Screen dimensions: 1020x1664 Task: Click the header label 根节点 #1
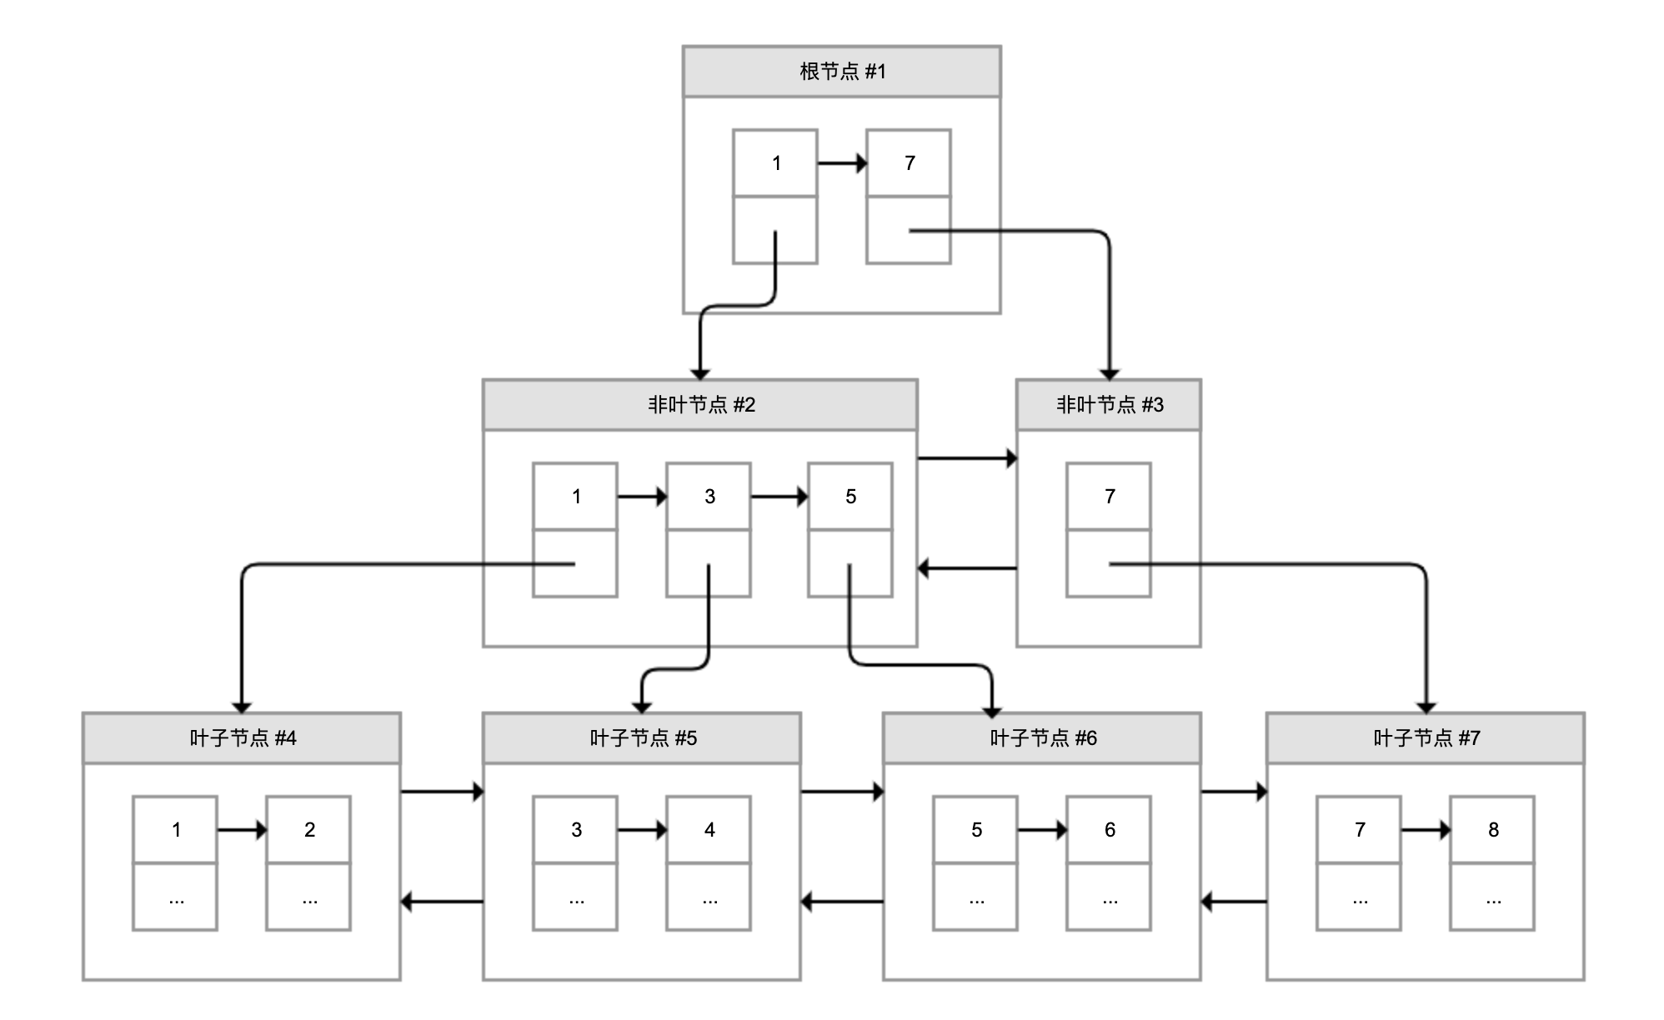[x=841, y=72]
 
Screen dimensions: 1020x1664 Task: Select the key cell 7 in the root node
[x=908, y=163]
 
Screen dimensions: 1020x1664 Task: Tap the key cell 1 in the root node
[x=774, y=163]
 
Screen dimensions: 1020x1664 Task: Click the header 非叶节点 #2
[x=700, y=405]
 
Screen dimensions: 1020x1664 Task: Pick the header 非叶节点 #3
[x=1108, y=405]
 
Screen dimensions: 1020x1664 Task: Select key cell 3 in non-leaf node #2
[x=708, y=497]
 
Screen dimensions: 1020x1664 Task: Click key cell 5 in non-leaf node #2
[x=850, y=497]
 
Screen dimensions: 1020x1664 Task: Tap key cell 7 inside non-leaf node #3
[x=1108, y=497]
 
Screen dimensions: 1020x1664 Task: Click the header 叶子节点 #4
[x=242, y=738]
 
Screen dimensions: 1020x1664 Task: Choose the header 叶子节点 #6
[x=1042, y=738]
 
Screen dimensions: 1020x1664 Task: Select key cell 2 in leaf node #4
[x=308, y=830]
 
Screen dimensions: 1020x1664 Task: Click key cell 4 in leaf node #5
[x=709, y=830]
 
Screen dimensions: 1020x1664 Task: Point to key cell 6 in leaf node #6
[x=1109, y=830]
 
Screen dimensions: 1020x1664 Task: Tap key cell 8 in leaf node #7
[x=1492, y=830]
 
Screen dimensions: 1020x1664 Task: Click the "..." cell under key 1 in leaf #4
[x=175, y=897]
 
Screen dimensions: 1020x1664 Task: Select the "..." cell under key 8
[x=1492, y=897]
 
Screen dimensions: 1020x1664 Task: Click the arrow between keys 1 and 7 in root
[x=842, y=163]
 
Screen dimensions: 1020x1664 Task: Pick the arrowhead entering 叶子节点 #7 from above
[x=1426, y=707]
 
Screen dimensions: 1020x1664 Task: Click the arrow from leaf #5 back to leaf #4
[x=442, y=902]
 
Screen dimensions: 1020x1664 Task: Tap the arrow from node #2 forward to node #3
[x=967, y=458]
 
